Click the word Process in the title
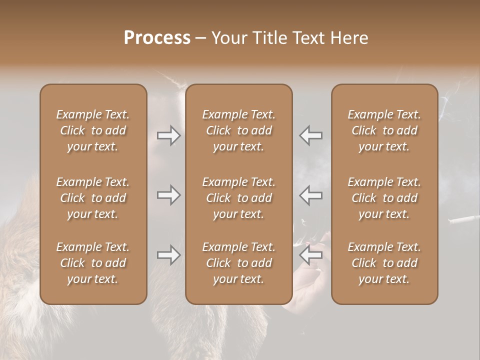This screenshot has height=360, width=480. click(157, 38)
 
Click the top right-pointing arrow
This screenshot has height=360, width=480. click(169, 135)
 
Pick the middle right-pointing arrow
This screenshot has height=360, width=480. click(169, 195)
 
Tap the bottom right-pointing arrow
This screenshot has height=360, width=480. click(169, 255)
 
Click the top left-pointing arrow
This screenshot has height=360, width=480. click(310, 135)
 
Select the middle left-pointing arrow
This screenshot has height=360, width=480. click(310, 195)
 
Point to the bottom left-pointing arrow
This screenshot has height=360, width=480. click(310, 255)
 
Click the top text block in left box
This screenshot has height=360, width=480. click(93, 130)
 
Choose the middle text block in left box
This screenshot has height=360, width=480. click(93, 198)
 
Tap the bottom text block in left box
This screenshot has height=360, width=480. click(93, 263)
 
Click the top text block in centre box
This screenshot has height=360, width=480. click(239, 130)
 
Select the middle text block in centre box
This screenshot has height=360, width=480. click(239, 198)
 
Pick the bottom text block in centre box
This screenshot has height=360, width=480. click(239, 263)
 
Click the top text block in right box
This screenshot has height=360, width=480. click(384, 130)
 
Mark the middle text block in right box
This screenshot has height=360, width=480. click(384, 198)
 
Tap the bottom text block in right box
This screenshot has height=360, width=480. click(384, 263)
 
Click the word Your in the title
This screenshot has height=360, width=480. click(228, 38)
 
